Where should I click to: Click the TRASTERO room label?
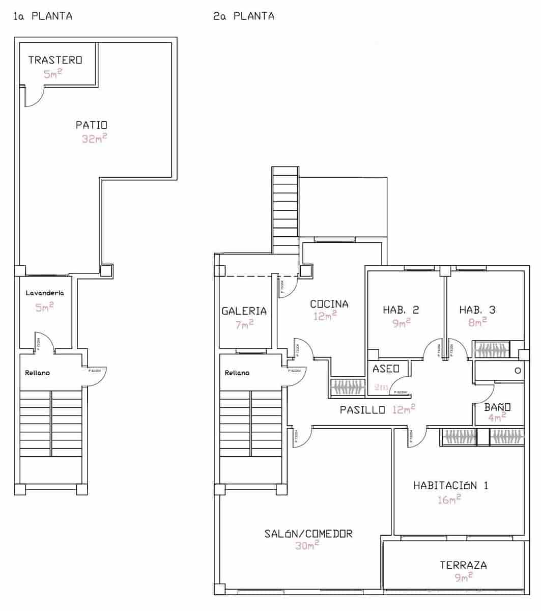coord(55,60)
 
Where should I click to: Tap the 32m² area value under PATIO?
coord(94,138)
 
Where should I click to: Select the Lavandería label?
coord(45,293)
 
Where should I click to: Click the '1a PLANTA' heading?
coord(43,16)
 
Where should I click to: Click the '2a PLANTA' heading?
coord(244,16)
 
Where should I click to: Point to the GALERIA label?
coord(244,311)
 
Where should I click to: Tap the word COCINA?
coord(329,304)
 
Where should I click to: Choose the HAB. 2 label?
coord(401,310)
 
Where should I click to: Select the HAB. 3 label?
coord(477,310)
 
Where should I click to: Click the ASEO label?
coord(386,369)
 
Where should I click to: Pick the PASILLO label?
coord(362,410)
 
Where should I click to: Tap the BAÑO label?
coord(497,407)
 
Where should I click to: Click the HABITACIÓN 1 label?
coord(451,485)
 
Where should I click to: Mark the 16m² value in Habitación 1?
coord(449,499)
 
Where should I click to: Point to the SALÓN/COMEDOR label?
coord(308,534)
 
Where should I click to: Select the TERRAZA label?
coord(463,565)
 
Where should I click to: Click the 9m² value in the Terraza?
coord(464,577)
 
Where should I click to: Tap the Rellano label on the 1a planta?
coord(38,373)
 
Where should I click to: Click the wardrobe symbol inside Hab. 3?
coord(492,350)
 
